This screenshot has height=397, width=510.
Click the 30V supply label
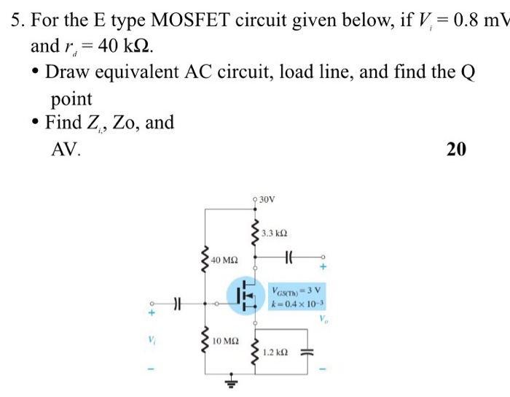[267, 198]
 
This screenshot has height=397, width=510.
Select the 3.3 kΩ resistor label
[275, 234]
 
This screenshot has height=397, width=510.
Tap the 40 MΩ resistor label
[225, 260]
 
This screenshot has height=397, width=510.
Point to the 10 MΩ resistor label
[225, 341]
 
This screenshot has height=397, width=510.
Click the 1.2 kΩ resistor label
[276, 352]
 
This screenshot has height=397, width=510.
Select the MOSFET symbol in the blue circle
[246, 296]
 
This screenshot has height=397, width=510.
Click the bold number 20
[455, 150]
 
